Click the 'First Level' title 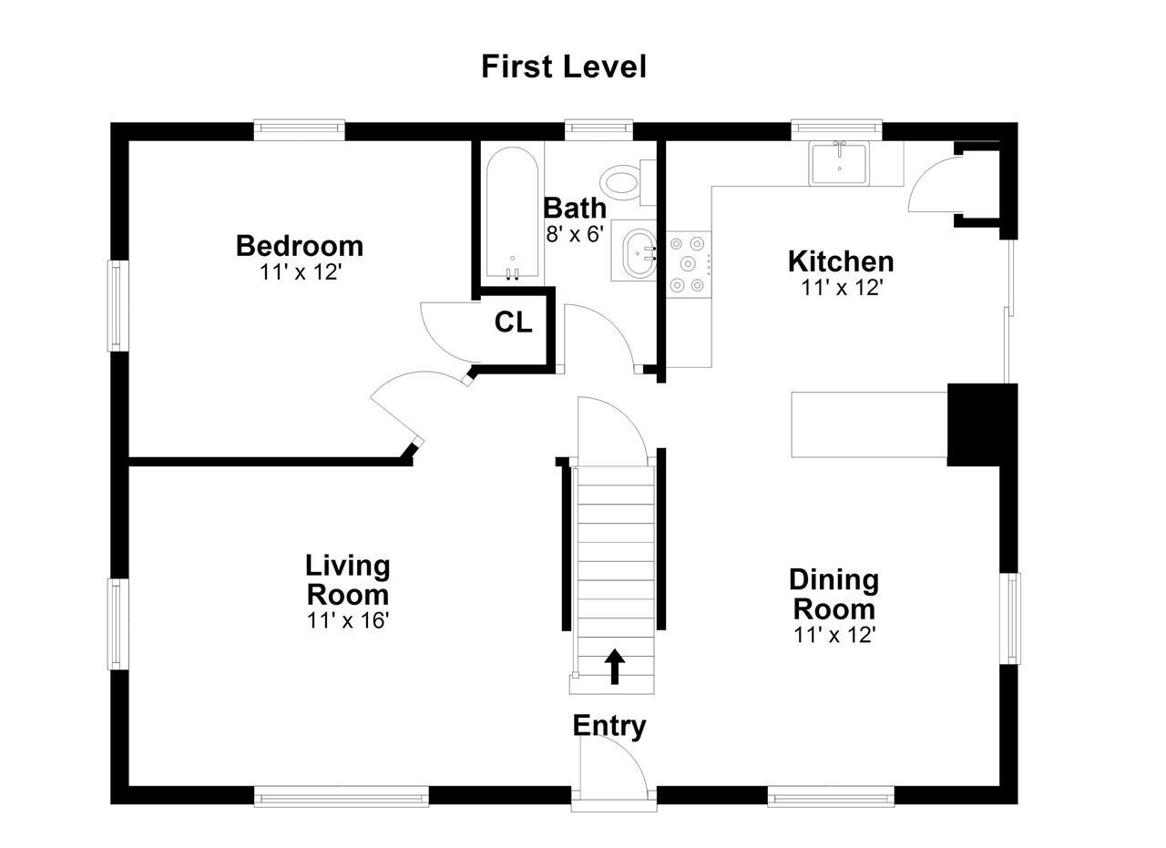click(x=564, y=66)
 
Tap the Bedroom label click(x=300, y=246)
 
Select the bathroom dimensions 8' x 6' click(x=575, y=234)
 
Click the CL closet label click(x=513, y=322)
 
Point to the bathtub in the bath click(x=513, y=212)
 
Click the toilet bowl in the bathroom click(x=620, y=183)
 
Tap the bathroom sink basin click(x=639, y=254)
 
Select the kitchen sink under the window click(x=838, y=163)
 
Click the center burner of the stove click(x=688, y=264)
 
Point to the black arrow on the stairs click(x=615, y=667)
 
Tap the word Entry click(x=609, y=726)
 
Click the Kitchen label click(x=841, y=261)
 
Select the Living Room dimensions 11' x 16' click(x=348, y=620)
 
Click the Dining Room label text click(x=834, y=594)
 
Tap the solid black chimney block click(x=982, y=424)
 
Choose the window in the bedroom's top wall click(x=300, y=129)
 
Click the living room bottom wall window click(x=342, y=796)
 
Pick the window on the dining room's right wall click(x=1010, y=619)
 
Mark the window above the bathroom click(x=598, y=129)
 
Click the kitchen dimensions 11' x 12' click(x=841, y=287)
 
